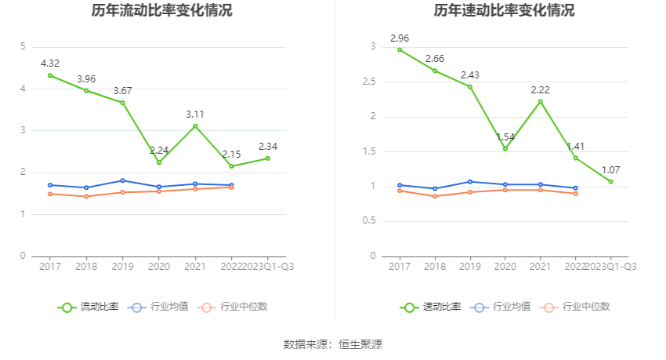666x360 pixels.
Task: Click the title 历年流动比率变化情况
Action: pos(161,11)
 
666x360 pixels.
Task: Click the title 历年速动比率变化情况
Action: pos(504,11)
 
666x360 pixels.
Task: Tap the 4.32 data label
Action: pos(50,63)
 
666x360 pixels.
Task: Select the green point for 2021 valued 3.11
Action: pos(195,126)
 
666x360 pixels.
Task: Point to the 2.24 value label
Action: pos(159,151)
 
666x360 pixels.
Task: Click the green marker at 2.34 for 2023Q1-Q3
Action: pos(268,158)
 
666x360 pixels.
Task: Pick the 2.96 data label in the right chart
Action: pos(400,38)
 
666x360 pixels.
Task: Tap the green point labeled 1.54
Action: pos(505,149)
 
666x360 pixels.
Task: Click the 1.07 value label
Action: pos(610,169)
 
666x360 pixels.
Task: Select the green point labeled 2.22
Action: pos(540,101)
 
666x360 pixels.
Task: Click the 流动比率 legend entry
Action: pos(89,307)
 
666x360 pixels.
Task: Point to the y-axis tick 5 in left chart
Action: pos(23,47)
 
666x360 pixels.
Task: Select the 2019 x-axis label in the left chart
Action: pos(122,267)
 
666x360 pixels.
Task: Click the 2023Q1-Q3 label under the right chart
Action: pos(612,267)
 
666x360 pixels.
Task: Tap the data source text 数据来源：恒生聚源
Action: pos(333,344)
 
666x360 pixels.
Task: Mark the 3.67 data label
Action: pos(122,91)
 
